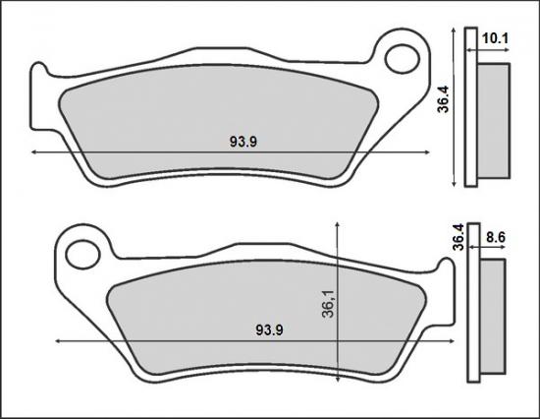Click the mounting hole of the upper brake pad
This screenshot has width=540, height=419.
pyautogui.click(x=401, y=58)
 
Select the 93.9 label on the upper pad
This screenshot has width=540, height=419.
pyautogui.click(x=243, y=142)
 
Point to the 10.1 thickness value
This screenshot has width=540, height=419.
pyautogui.click(x=496, y=39)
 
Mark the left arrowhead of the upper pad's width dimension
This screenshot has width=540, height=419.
pyautogui.click(x=35, y=152)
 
